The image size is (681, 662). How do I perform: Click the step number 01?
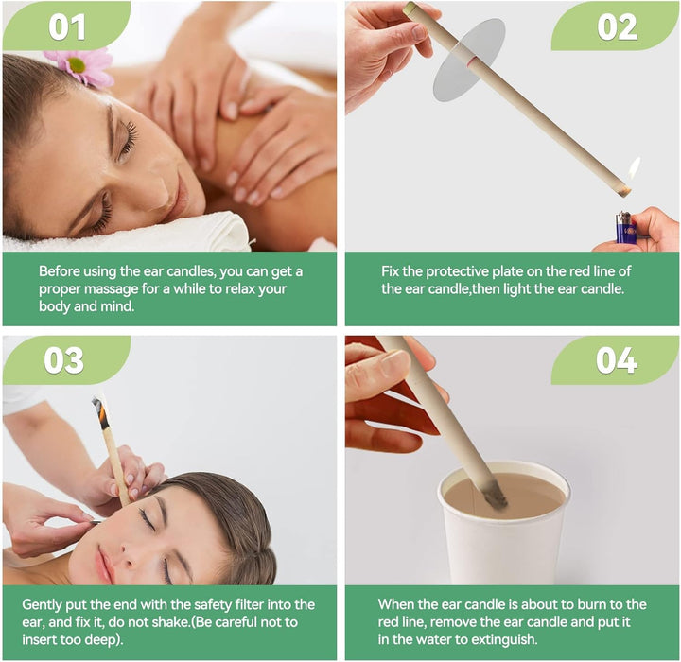(x=66, y=26)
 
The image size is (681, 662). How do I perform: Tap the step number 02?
(x=617, y=26)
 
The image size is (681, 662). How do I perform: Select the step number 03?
(x=63, y=360)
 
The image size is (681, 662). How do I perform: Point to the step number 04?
(x=616, y=360)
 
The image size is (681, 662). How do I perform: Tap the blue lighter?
(x=624, y=228)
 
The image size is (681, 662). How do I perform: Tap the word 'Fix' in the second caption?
(x=392, y=270)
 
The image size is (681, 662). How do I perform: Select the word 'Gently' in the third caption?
(x=43, y=604)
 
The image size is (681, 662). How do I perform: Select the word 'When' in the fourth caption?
(x=398, y=604)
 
